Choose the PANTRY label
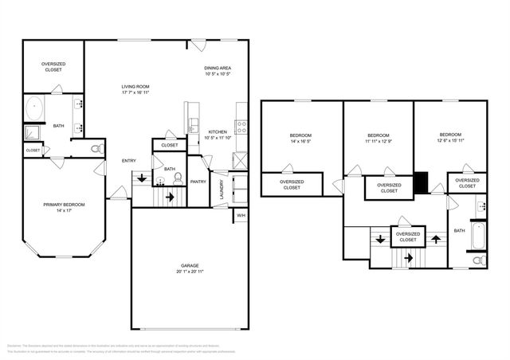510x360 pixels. (x=198, y=182)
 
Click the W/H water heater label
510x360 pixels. (x=241, y=214)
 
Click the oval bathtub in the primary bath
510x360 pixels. (x=36, y=108)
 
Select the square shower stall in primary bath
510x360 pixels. (x=33, y=133)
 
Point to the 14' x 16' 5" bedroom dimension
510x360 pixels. (x=300, y=139)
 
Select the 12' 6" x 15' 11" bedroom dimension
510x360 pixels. (x=450, y=139)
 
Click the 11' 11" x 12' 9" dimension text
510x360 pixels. (x=379, y=139)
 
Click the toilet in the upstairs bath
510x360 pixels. (x=478, y=260)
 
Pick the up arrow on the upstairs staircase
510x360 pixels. (x=436, y=237)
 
